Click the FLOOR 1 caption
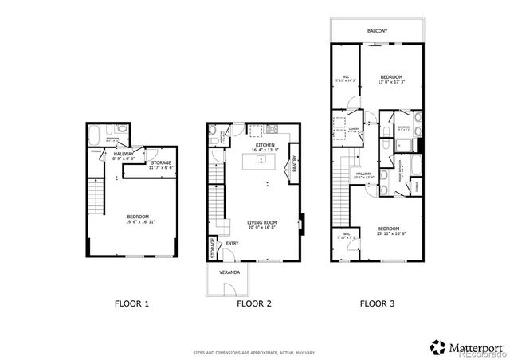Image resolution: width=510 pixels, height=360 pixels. click(131, 303)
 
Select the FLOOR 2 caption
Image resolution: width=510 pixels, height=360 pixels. click(254, 303)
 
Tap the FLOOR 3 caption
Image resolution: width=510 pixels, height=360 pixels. click(378, 303)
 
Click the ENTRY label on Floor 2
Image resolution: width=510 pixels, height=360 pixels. click(232, 243)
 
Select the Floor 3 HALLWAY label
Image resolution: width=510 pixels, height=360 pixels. click(363, 173)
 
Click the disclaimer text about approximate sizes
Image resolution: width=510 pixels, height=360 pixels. click(254, 351)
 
